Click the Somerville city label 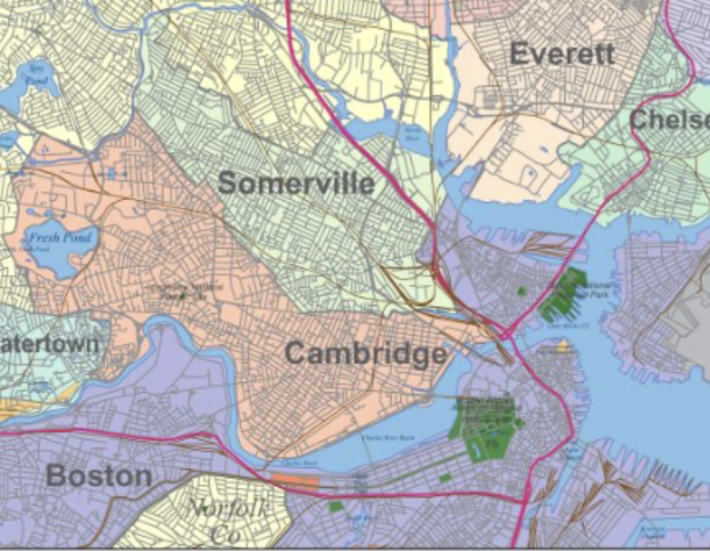(296, 184)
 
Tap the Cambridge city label (366, 354)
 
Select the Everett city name (562, 54)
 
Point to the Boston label (98, 476)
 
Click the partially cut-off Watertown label (49, 344)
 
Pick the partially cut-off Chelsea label (669, 120)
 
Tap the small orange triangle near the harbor (562, 347)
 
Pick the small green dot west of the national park (521, 290)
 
